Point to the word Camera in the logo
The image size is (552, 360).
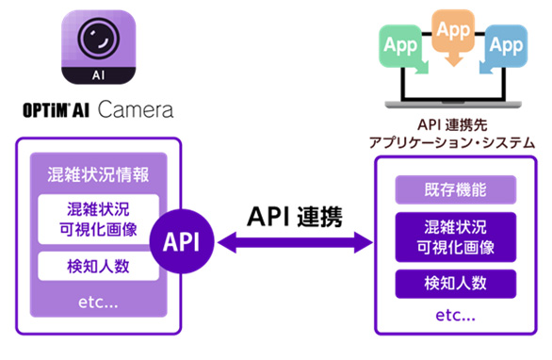click(x=136, y=110)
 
